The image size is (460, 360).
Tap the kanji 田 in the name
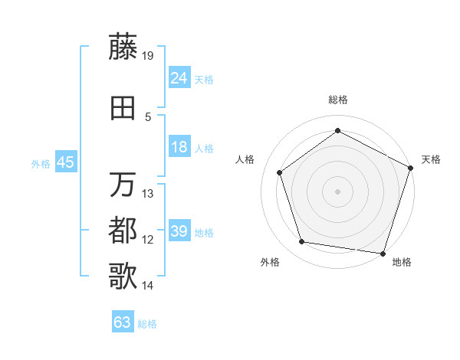pyautogui.click(x=123, y=108)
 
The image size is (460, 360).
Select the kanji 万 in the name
pyautogui.click(x=123, y=185)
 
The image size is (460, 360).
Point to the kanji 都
pyautogui.click(x=123, y=231)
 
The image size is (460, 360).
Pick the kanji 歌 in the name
pyautogui.click(x=123, y=277)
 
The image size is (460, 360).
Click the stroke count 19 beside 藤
pyautogui.click(x=149, y=56)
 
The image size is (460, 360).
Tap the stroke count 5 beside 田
pyautogui.click(x=149, y=117)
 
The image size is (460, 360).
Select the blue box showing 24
pyautogui.click(x=179, y=77)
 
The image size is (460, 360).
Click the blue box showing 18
pyautogui.click(x=179, y=147)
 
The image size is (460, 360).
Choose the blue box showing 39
pyautogui.click(x=179, y=231)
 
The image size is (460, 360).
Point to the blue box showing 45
pyautogui.click(x=65, y=162)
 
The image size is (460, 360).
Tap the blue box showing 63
pyautogui.click(x=123, y=322)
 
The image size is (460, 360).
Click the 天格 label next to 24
pyautogui.click(x=204, y=79)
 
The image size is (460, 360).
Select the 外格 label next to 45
pyautogui.click(x=40, y=164)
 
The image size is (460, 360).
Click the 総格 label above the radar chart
pyautogui.click(x=338, y=100)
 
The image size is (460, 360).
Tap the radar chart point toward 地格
pyautogui.click(x=383, y=253)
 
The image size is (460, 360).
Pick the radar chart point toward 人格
pyautogui.click(x=280, y=172)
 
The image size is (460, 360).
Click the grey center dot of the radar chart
pyautogui.click(x=338, y=191)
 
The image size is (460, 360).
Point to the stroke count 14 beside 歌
pyautogui.click(x=149, y=286)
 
